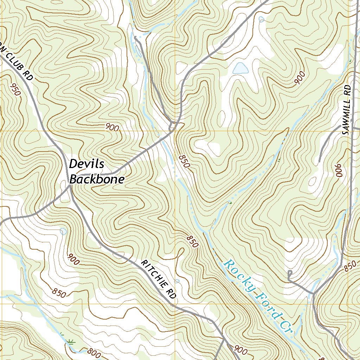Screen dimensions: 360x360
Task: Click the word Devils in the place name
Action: coord(87,164)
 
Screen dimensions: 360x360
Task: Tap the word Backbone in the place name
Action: coord(97,179)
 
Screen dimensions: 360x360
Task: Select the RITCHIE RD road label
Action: coord(158,279)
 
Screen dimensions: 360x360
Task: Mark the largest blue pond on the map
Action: coord(240,68)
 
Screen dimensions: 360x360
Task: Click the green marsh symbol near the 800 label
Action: coord(70,340)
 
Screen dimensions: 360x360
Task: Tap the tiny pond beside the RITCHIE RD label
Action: coord(177,281)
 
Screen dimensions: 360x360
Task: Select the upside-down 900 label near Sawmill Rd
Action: coord(339,171)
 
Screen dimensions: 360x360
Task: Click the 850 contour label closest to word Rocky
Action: coord(192,242)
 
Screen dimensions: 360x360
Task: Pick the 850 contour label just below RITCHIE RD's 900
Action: coord(59,292)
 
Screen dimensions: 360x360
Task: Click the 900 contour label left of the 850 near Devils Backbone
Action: coord(112,128)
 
